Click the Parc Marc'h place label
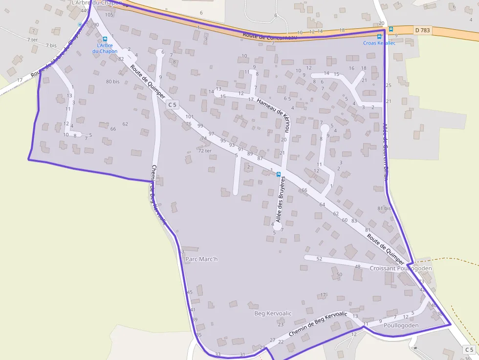pos(201,259)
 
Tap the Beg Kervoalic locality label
pos(273,313)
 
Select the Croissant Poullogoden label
pos(394,269)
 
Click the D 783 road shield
pos(423,30)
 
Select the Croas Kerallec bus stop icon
pos(379,36)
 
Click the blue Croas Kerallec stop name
pos(379,42)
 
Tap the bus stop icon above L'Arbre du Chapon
pos(105,39)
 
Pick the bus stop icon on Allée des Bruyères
pos(279,174)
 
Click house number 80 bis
pos(113,82)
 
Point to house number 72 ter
pos(205,150)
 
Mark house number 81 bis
pos(384,209)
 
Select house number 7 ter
pos(32,40)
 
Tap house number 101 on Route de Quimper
pos(190,117)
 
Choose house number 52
pos(319,258)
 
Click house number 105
pos(109,15)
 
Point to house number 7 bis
pos(51,45)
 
